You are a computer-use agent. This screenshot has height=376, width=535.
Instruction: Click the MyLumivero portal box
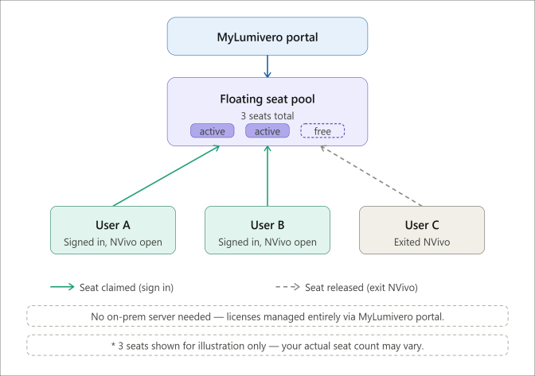[267, 37]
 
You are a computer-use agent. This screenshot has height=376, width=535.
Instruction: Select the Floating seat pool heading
[267, 99]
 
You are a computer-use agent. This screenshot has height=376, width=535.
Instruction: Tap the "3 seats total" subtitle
[267, 116]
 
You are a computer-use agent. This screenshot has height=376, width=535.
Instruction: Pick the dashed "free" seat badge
[322, 131]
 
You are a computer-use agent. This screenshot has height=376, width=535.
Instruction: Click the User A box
[113, 230]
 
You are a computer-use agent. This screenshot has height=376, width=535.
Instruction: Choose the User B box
[267, 230]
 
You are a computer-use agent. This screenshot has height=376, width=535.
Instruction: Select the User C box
[422, 230]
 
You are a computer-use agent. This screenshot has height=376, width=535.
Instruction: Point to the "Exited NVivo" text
[422, 242]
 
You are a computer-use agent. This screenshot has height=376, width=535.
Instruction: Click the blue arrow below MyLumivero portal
[267, 67]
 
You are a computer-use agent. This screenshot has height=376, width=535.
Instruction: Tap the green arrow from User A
[166, 176]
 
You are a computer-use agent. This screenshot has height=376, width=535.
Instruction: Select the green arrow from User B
[267, 176]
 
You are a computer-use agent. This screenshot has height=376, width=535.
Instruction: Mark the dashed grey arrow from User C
[371, 176]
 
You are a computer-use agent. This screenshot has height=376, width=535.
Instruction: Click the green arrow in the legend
[62, 287]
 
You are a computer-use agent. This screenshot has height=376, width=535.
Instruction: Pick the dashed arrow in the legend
[287, 287]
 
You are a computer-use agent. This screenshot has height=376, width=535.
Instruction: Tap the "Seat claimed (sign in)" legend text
[127, 288]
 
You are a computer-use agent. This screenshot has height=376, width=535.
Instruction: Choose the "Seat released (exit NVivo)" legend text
[361, 288]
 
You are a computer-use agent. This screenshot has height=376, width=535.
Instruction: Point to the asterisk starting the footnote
[113, 345]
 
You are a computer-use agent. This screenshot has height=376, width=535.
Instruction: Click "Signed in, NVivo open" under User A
[113, 242]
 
